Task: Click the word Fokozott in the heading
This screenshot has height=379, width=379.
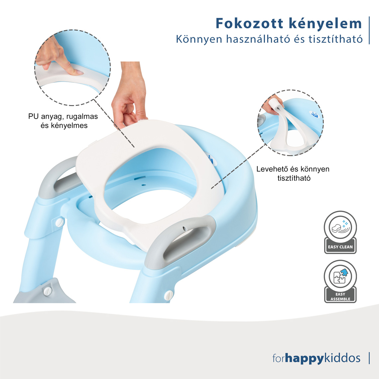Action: pos(249,24)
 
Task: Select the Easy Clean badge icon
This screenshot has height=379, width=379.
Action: pos(340,232)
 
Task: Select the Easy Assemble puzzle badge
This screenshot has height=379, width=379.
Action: pos(340,281)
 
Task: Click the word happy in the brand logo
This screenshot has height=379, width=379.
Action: pos(304,358)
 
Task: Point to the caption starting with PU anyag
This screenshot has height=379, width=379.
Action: pos(63,121)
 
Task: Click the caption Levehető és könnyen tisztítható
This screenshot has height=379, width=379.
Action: pos(293,174)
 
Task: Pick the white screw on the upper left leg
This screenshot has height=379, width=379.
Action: pos(60,222)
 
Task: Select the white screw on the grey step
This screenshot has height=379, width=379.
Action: pos(48,291)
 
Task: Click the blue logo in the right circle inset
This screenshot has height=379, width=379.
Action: pos(315,114)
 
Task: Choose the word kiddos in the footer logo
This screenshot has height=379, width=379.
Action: pos(342,358)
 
